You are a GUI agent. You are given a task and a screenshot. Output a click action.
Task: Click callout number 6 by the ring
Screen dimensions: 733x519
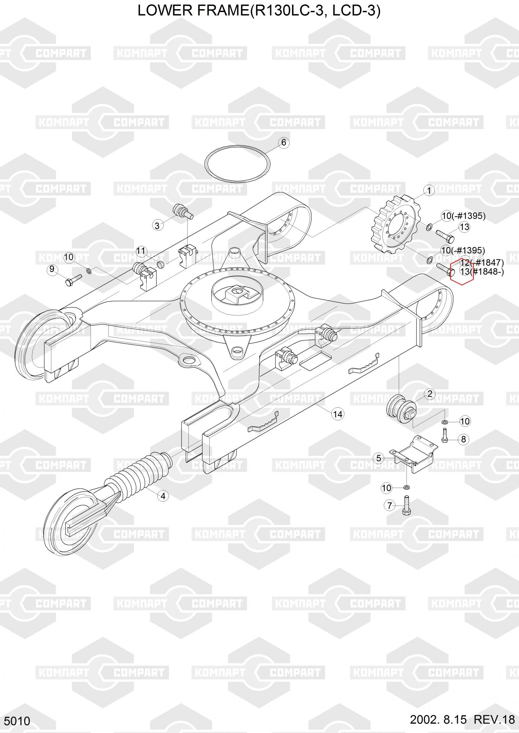click(283, 143)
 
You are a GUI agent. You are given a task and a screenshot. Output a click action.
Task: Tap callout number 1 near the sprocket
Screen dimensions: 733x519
click(428, 191)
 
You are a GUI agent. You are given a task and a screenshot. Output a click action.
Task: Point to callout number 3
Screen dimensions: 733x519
click(158, 225)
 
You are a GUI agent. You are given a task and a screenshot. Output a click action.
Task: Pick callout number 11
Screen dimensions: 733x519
click(141, 251)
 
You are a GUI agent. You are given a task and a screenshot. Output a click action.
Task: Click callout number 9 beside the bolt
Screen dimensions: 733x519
click(52, 269)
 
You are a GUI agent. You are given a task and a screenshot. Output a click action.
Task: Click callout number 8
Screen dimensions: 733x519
click(463, 439)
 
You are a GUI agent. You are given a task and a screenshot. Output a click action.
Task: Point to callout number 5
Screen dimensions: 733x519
click(379, 458)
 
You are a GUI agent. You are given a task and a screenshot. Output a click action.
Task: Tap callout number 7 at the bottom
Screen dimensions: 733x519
click(389, 506)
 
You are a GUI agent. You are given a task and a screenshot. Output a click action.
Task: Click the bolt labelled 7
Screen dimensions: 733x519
click(406, 505)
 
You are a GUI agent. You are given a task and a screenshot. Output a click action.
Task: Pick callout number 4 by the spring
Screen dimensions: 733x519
click(163, 496)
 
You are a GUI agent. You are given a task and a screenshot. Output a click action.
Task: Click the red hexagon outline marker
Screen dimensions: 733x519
click(462, 271)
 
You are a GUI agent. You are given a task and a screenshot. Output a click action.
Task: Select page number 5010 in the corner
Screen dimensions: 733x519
click(17, 721)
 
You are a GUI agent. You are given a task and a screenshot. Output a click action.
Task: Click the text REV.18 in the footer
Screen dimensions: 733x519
click(494, 720)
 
